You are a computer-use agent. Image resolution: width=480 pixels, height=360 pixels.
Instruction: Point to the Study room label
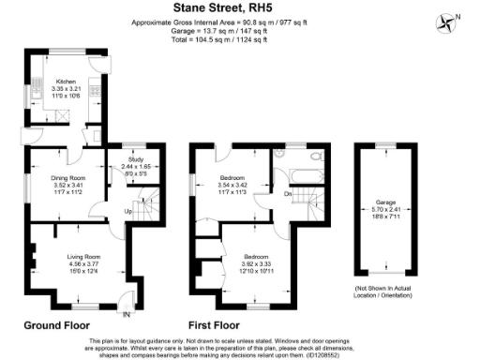(x=137, y=160)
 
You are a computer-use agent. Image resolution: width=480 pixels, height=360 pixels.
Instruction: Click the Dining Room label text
(x=67, y=178)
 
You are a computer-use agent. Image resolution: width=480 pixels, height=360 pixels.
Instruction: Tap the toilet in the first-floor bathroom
(x=318, y=157)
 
